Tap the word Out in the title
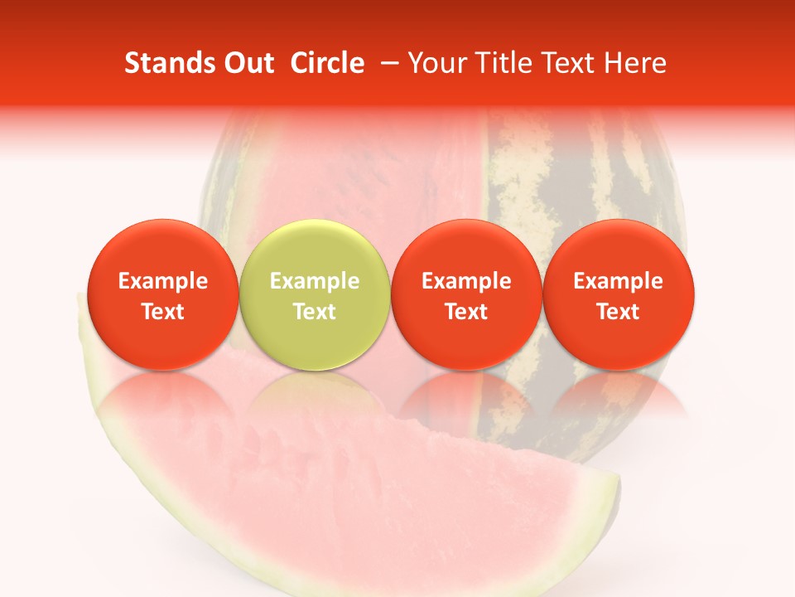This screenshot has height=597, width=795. pos(248,64)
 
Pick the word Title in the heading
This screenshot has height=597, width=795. pos(499,64)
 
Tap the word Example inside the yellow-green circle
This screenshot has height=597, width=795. pos(314,281)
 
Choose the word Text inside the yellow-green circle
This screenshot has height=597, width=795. pos(314,312)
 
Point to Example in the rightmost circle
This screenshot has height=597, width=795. pos(618,281)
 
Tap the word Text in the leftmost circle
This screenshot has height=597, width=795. pos(162,312)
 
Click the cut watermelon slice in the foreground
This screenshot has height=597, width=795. pos(331,498)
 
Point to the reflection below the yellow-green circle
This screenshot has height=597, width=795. pos(314,398)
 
